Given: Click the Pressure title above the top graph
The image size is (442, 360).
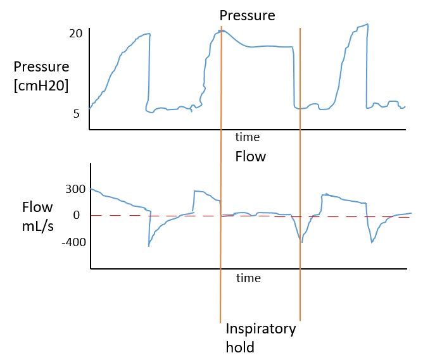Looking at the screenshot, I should tap(247, 15).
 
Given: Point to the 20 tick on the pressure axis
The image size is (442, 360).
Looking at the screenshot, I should tap(76, 34).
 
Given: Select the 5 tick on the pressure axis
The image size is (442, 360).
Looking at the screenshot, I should tap(77, 114).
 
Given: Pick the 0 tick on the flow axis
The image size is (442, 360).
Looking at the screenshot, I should tap(76, 215).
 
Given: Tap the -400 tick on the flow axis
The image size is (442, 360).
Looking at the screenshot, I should tap(72, 242).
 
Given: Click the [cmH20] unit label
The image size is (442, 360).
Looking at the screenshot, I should tap(41, 85).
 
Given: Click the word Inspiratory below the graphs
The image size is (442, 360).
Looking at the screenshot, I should tap(261, 330).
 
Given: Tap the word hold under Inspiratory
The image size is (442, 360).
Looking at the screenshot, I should tap(240, 347).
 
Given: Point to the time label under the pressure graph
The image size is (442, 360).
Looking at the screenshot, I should tap(248, 137).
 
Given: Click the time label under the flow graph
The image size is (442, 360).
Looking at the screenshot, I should tap(248, 278).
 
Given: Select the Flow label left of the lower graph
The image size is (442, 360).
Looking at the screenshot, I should tap(38, 207).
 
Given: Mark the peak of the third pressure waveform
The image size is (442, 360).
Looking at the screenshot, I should tap(367, 25).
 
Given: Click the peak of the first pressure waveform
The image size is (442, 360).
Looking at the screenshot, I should tap(149, 34).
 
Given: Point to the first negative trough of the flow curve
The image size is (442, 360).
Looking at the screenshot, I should tap(149, 245).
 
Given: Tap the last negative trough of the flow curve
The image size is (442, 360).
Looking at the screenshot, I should tap(372, 242).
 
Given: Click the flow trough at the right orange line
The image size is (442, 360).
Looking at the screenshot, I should tap(302, 242).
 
